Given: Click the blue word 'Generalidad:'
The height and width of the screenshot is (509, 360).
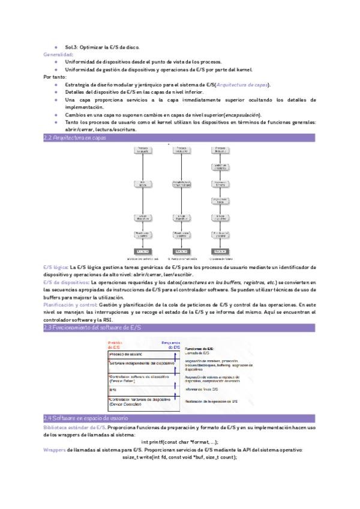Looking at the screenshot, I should (x=58, y=54).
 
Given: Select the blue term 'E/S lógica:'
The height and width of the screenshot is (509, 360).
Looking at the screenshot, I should (x=56, y=266).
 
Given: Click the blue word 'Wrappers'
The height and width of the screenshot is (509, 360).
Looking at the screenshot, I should (x=54, y=450).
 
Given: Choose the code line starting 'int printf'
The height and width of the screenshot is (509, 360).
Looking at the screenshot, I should (x=180, y=442).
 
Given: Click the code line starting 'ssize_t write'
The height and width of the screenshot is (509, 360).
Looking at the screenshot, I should (x=179, y=457).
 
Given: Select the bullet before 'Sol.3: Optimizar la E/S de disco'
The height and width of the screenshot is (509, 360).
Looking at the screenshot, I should (x=55, y=46).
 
